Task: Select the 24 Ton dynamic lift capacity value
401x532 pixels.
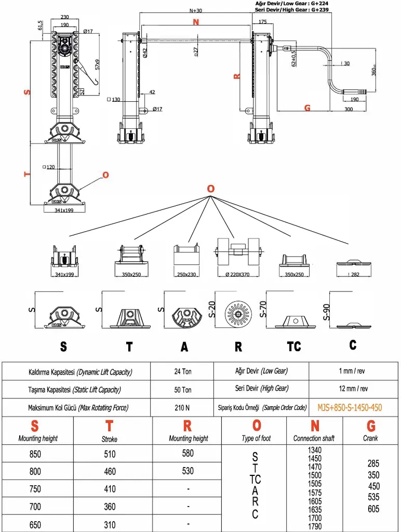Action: [183, 371]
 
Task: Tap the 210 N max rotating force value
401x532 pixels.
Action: [183, 408]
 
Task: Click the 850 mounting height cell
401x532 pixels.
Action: [35, 454]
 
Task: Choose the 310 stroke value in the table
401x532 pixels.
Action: [110, 525]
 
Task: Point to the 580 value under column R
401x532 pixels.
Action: [188, 453]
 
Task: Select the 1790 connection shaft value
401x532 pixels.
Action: [315, 526]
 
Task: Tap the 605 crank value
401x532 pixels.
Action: [373, 509]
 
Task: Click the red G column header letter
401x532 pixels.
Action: [371, 426]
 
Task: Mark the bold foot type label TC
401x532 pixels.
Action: [294, 347]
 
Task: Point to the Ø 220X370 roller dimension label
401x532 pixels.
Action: [238, 274]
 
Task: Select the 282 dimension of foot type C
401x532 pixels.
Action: [355, 274]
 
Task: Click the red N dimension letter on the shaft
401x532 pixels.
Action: [196, 22]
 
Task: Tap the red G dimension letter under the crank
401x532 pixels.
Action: [307, 108]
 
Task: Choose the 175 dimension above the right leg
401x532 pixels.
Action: [262, 22]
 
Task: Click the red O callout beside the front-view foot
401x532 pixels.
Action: [105, 175]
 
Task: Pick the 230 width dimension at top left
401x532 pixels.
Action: [65, 16]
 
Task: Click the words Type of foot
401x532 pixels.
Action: [257, 438]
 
